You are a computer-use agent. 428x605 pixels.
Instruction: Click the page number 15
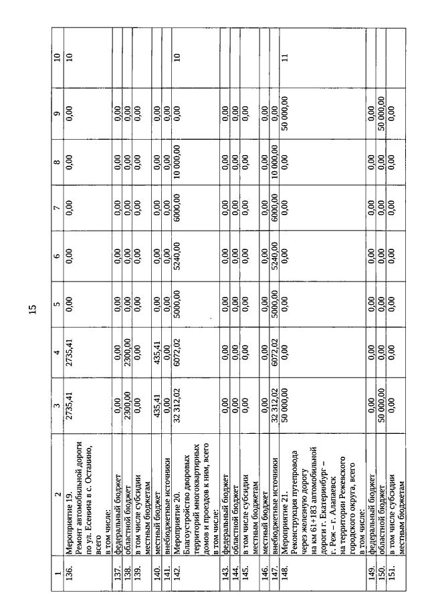point(32,309)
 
